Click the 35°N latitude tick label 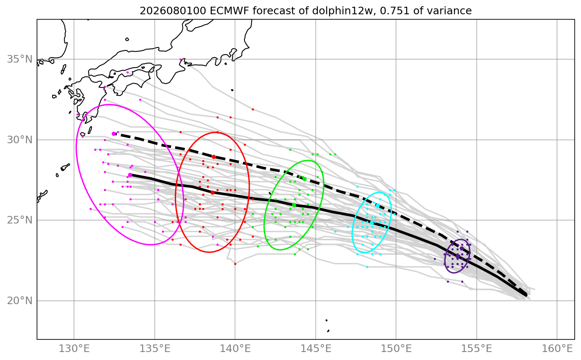pyautogui.click(x=20, y=59)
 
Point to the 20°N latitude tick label pyautogui.click(x=20, y=301)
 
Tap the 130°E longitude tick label pyautogui.click(x=74, y=349)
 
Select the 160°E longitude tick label pyautogui.click(x=557, y=349)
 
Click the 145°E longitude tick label pyautogui.click(x=316, y=349)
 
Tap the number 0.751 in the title pyautogui.click(x=394, y=11)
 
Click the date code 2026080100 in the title pyautogui.click(x=173, y=11)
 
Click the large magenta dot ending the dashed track pyautogui.click(x=114, y=134)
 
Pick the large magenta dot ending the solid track pyautogui.click(x=130, y=175)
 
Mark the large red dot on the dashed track pyautogui.click(x=214, y=157)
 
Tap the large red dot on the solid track pyautogui.click(x=212, y=192)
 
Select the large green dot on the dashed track pyautogui.click(x=304, y=179)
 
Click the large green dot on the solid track pyautogui.click(x=294, y=205)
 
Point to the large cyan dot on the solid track pyautogui.click(x=372, y=223)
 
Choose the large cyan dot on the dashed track pyautogui.click(x=378, y=205)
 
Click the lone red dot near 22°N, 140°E pyautogui.click(x=235, y=264)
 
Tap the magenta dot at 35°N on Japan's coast pyautogui.click(x=180, y=60)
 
